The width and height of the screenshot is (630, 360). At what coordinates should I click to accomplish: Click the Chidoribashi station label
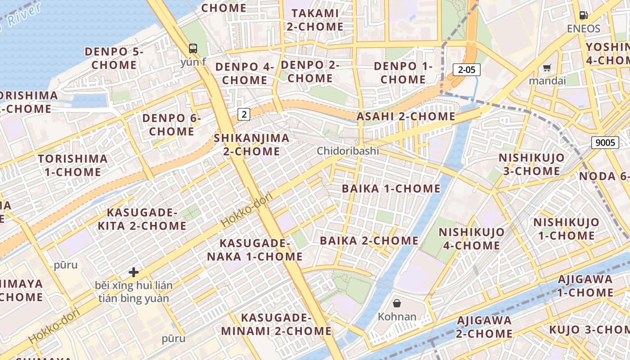[x=348, y=151]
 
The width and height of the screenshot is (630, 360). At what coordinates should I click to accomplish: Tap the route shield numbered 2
[x=244, y=114]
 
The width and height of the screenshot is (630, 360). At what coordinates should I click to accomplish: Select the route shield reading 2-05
[x=467, y=69]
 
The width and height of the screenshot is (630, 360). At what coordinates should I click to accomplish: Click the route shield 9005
[x=605, y=143]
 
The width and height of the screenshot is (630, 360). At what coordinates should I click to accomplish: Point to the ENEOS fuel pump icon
[x=583, y=15]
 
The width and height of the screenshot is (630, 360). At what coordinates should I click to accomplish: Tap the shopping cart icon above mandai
[x=547, y=68]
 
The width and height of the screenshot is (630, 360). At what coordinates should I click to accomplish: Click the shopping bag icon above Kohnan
[x=397, y=303]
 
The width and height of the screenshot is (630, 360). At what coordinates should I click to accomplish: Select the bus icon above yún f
[x=193, y=49]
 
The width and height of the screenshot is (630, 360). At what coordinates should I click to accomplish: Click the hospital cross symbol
[x=133, y=272]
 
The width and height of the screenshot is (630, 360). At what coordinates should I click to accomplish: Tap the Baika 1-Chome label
[x=391, y=189]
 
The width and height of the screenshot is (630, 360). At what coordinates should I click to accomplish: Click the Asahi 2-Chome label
[x=406, y=116]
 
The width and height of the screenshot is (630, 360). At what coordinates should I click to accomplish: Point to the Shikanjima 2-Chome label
[x=252, y=144]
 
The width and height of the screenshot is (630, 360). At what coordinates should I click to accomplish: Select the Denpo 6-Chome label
[x=171, y=125]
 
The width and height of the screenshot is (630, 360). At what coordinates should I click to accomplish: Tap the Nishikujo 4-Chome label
[x=471, y=238]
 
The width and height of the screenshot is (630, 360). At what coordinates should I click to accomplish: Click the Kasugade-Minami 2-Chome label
[x=276, y=324]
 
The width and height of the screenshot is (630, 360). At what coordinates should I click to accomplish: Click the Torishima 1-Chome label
[x=72, y=165]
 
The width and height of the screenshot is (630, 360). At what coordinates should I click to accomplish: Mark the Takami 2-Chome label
[x=315, y=20]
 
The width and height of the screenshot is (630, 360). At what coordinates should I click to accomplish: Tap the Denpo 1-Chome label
[x=403, y=73]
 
